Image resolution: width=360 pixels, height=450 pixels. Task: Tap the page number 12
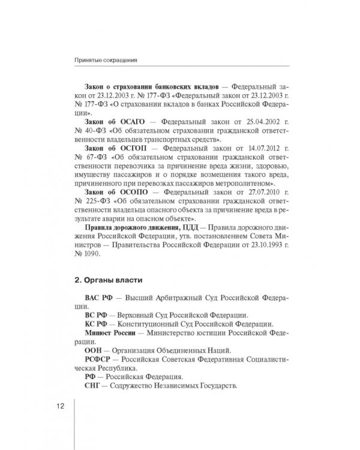pyautogui.click(x=61, y=406)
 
